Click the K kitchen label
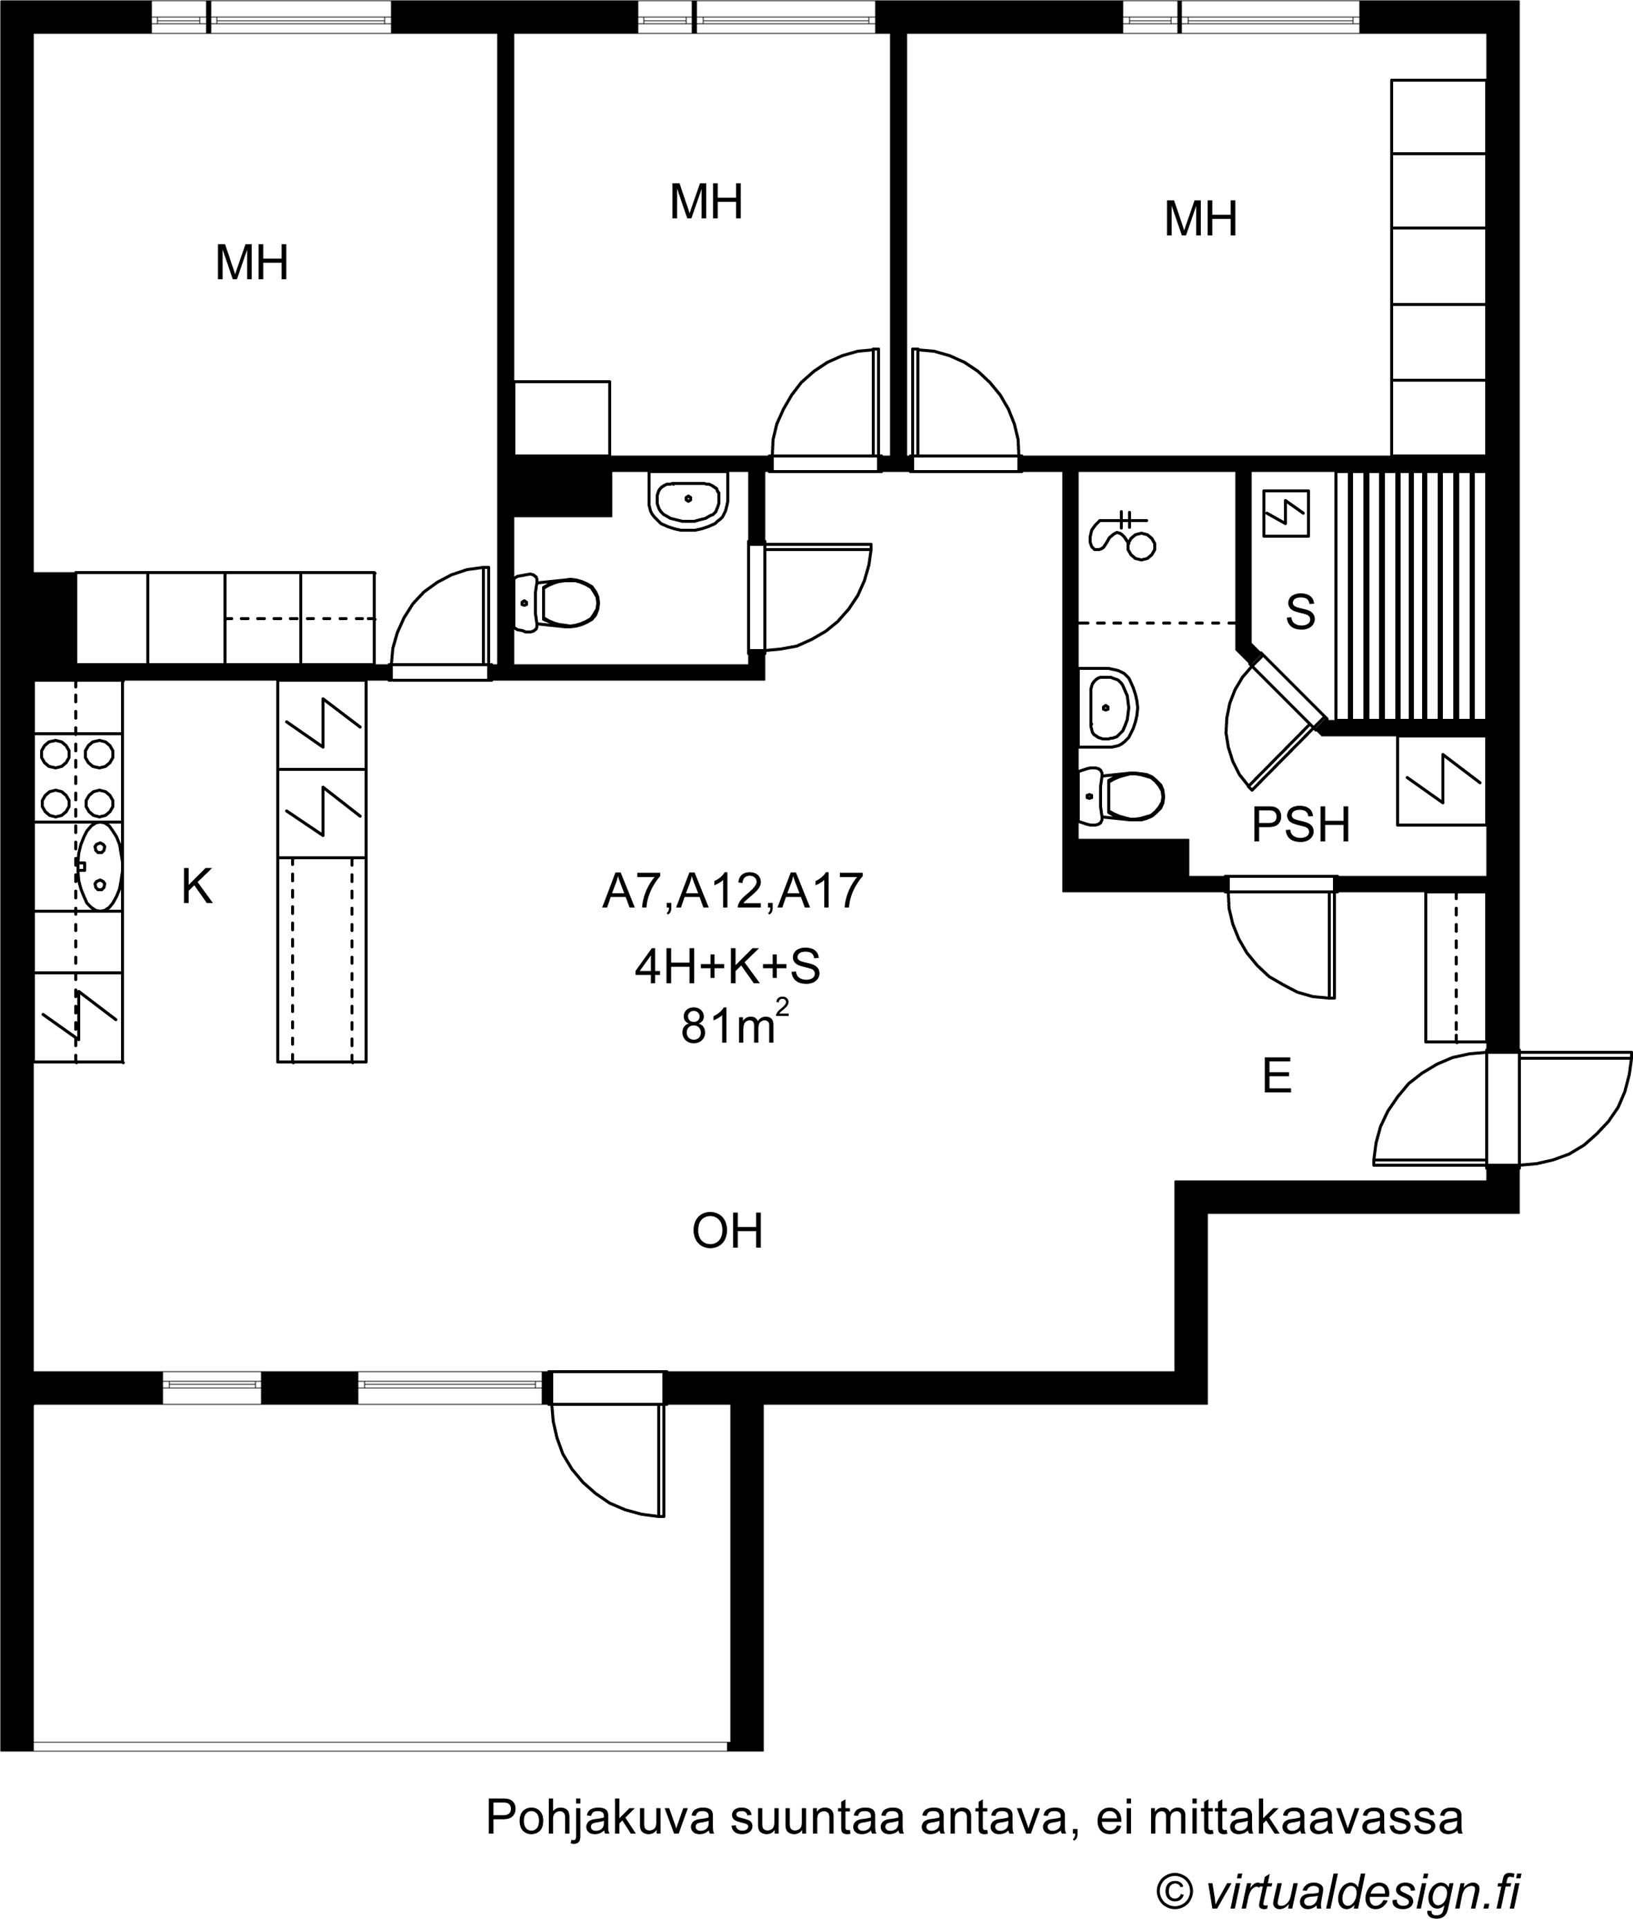tap(197, 886)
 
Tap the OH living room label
tap(727, 1231)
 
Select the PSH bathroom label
tap(1300, 825)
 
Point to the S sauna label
tap(1300, 612)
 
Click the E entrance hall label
tap(1278, 1076)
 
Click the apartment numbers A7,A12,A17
tap(732, 892)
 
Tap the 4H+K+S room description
tap(727, 966)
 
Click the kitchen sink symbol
tap(98, 868)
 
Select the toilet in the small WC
tap(555, 603)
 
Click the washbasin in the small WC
tap(688, 500)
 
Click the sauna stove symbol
tap(1287, 513)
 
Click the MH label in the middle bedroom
tap(707, 202)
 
